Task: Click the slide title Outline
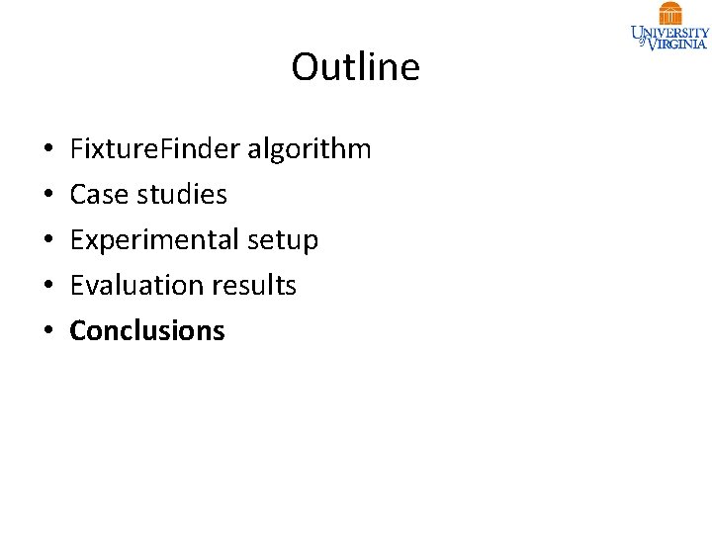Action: click(x=355, y=67)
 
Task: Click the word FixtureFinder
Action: click(x=155, y=149)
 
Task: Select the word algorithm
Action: click(x=309, y=149)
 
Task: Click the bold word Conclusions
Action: click(x=147, y=331)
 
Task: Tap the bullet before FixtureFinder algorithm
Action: click(x=48, y=150)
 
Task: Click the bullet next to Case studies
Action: click(x=48, y=196)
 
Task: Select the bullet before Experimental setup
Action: click(x=48, y=241)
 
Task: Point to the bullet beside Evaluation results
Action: click(x=48, y=287)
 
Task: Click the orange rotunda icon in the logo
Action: click(x=670, y=13)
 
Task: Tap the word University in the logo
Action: click(x=670, y=32)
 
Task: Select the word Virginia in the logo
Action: click(x=677, y=44)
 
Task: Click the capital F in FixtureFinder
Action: click(x=76, y=149)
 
